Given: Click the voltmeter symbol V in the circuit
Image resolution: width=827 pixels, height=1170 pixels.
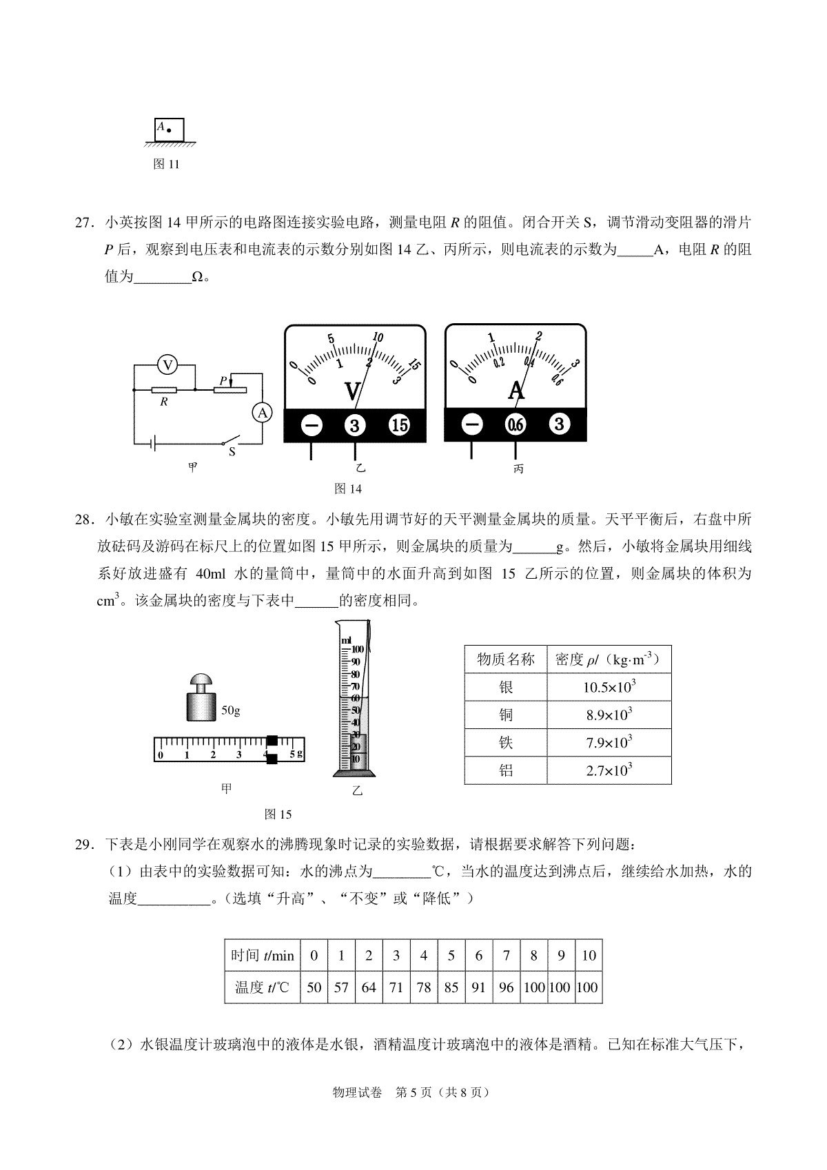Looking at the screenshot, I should click(x=166, y=364).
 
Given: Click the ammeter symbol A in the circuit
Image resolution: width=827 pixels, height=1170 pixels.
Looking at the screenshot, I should click(x=262, y=413).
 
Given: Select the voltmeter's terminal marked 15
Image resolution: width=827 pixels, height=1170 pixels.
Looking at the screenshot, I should click(x=399, y=425).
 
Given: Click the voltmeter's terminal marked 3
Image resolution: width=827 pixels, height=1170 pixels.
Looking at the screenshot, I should click(x=355, y=425).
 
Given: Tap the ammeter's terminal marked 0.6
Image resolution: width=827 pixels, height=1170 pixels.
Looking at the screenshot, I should click(x=515, y=425).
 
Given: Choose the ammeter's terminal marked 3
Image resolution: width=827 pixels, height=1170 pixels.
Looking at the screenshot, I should click(x=559, y=424).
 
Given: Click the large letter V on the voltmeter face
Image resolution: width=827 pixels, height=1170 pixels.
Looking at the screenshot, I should click(x=352, y=392).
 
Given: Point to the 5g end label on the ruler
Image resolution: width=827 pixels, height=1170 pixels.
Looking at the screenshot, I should click(x=296, y=755).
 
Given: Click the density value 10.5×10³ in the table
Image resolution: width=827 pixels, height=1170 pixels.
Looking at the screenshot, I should click(x=609, y=687).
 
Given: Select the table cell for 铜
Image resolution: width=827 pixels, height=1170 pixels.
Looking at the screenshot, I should click(x=506, y=715).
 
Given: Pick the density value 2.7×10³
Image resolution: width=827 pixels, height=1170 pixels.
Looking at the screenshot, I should click(x=609, y=770).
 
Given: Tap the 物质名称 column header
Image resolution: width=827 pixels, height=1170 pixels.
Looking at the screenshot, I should click(x=506, y=659).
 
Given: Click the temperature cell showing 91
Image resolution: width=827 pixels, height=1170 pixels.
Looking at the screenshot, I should click(x=479, y=987).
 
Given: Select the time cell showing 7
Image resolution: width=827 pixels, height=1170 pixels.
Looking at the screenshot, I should click(x=507, y=956).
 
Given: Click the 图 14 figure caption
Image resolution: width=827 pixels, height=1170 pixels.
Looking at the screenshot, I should click(x=347, y=489).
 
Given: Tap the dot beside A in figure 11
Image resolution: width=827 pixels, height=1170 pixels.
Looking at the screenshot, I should click(x=169, y=130).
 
